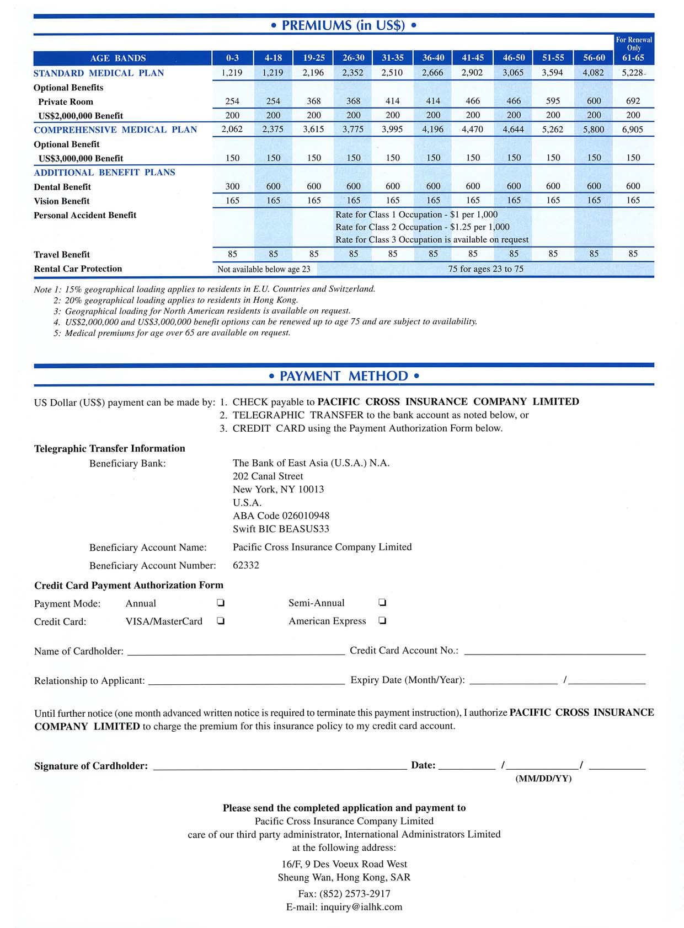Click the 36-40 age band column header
point(433,58)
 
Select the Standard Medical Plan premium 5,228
point(633,73)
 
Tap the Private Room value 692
point(633,101)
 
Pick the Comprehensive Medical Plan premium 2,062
point(232,130)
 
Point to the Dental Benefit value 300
point(232,186)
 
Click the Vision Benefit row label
point(62,201)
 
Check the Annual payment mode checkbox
point(221,603)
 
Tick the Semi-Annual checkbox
point(382,603)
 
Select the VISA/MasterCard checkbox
point(221,621)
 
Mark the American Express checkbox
point(382,621)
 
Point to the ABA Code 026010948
point(281,516)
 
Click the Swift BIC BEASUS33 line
point(281,529)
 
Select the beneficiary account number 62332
point(246,565)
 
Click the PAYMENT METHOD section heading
point(344,376)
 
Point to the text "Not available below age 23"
point(264,269)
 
